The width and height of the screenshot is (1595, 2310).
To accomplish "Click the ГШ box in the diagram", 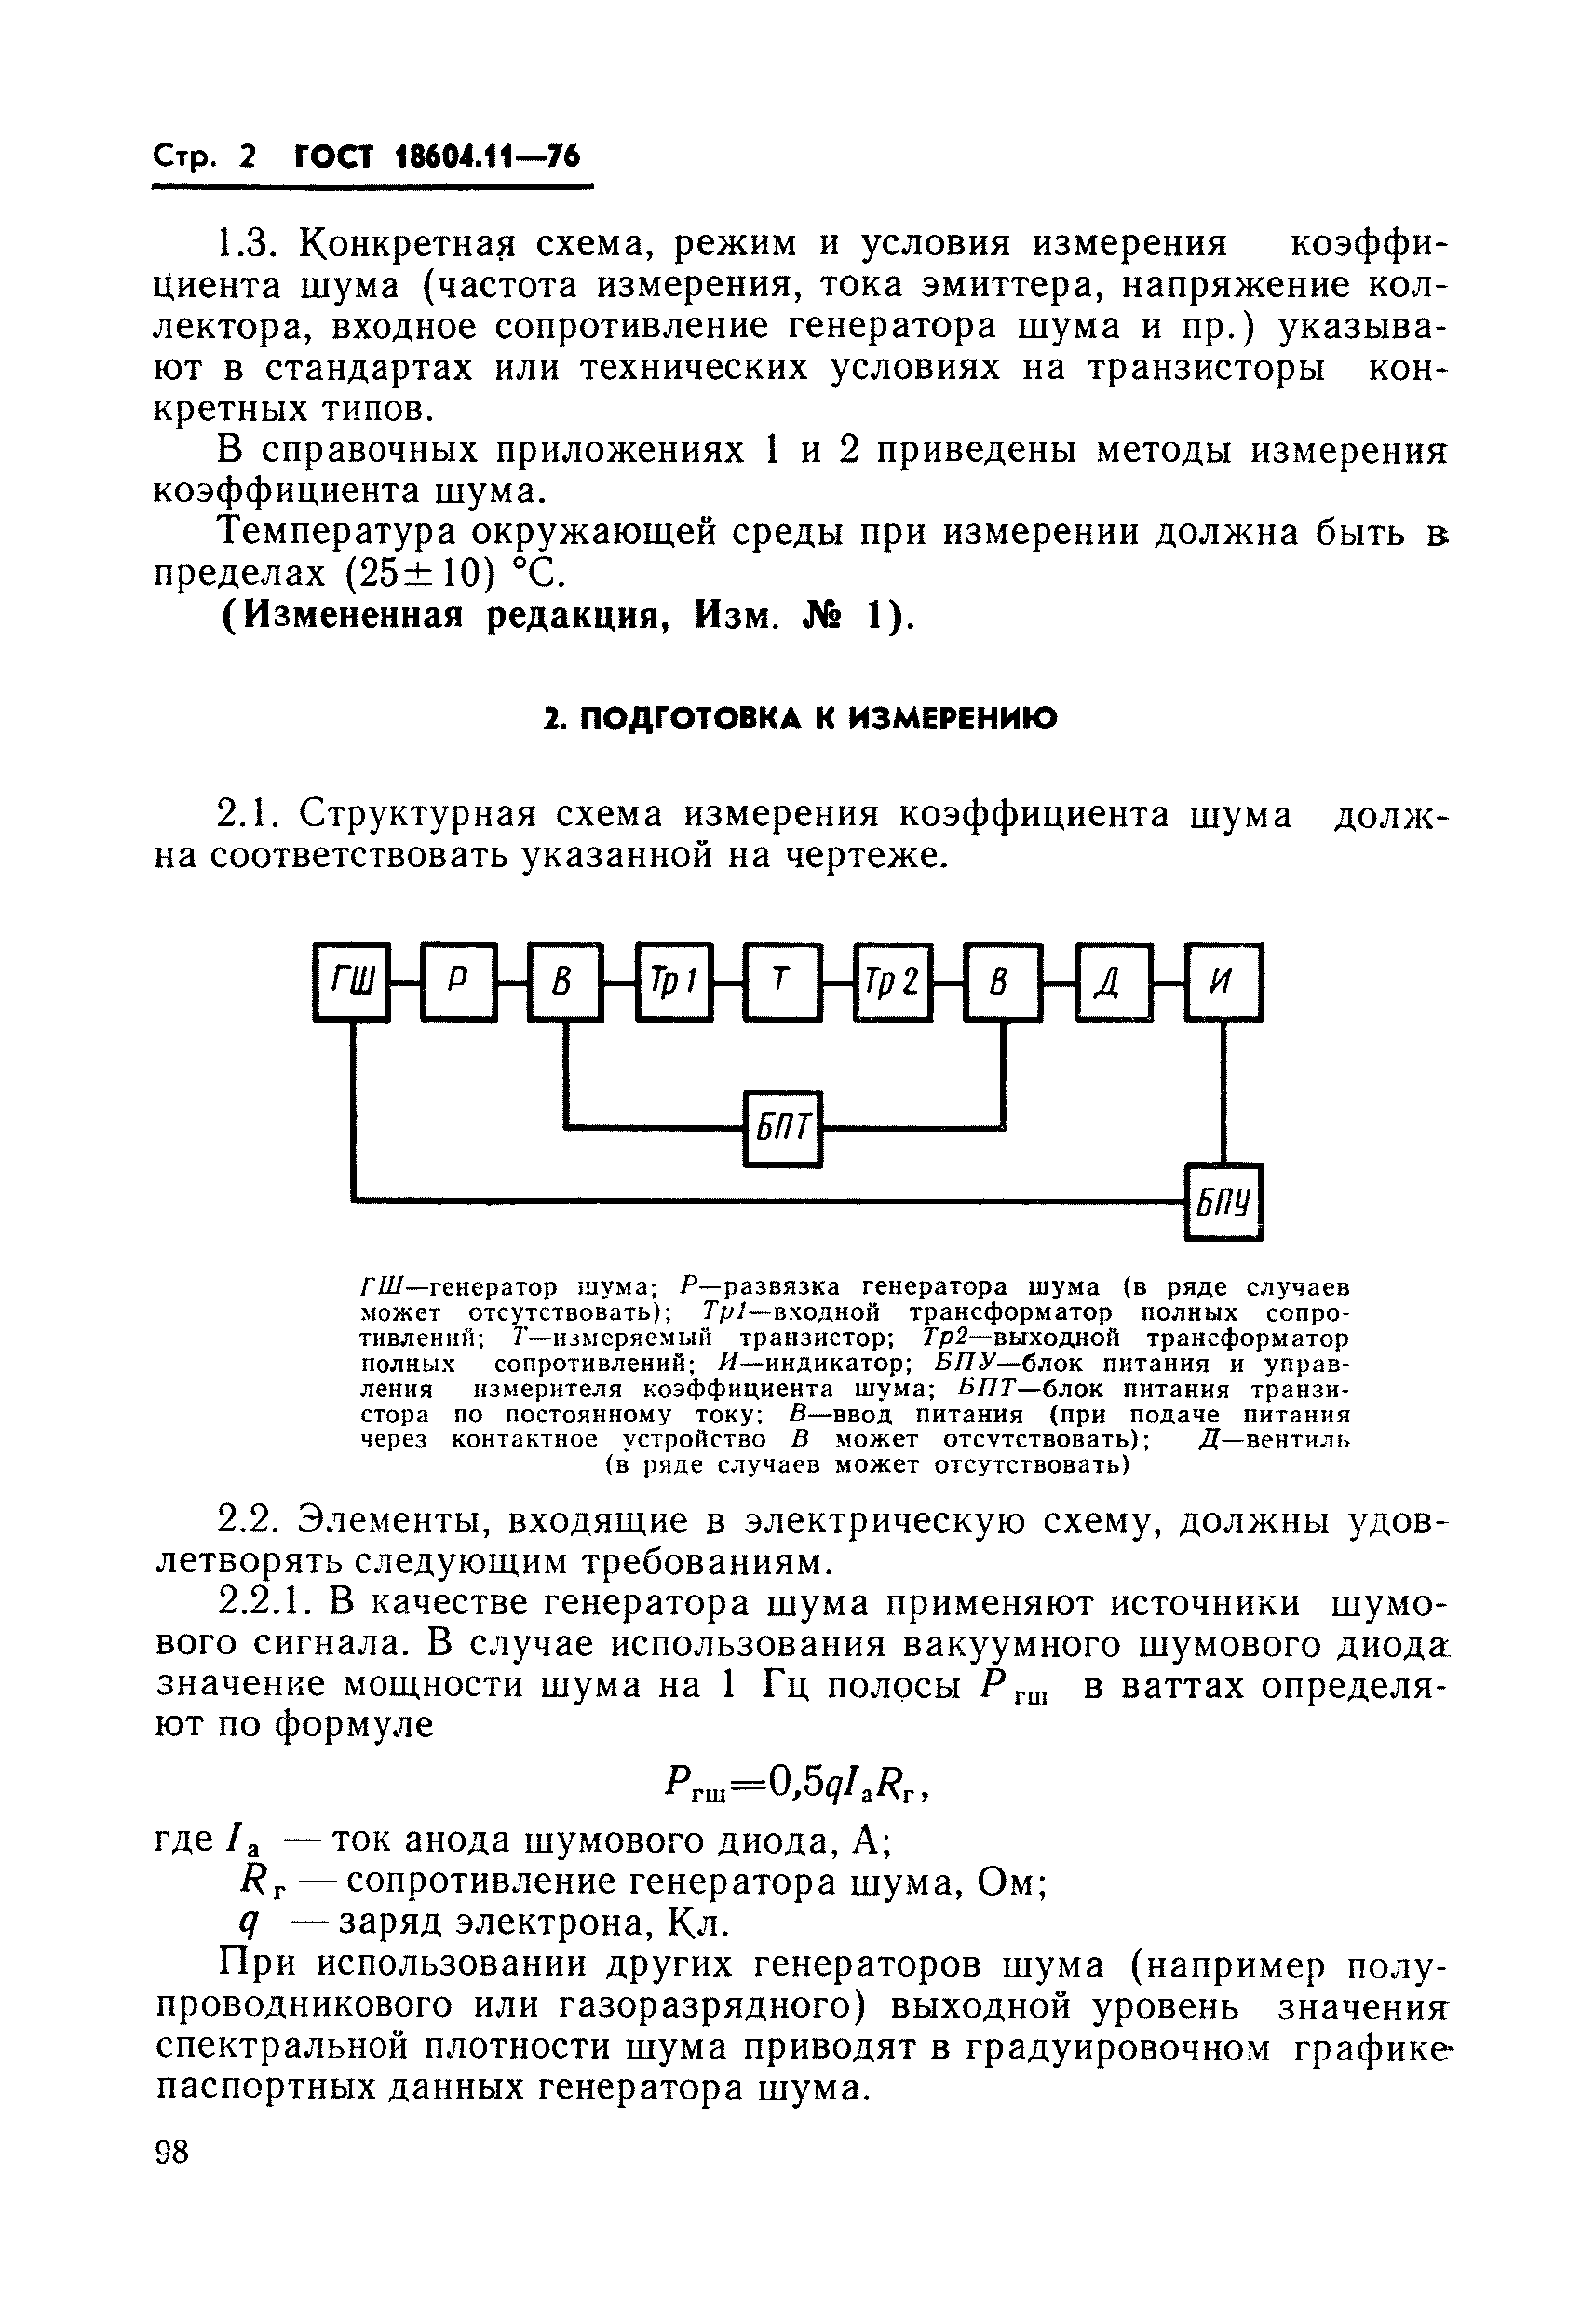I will pyautogui.click(x=352, y=982).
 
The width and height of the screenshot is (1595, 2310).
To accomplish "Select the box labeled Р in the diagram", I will pyautogui.click(x=459, y=982).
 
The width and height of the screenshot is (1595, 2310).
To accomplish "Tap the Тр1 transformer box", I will pyautogui.click(x=674, y=982).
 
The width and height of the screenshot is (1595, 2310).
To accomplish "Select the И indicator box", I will pyautogui.click(x=1223, y=982).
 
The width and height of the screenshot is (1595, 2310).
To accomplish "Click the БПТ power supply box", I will pyautogui.click(x=782, y=1129).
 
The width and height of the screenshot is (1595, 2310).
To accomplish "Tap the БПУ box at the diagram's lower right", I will pyautogui.click(x=1223, y=1202).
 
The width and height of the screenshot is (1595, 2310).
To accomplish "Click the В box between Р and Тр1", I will pyautogui.click(x=565, y=982).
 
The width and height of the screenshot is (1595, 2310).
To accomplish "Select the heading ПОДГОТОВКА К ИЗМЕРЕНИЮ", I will pyautogui.click(x=799, y=719).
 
